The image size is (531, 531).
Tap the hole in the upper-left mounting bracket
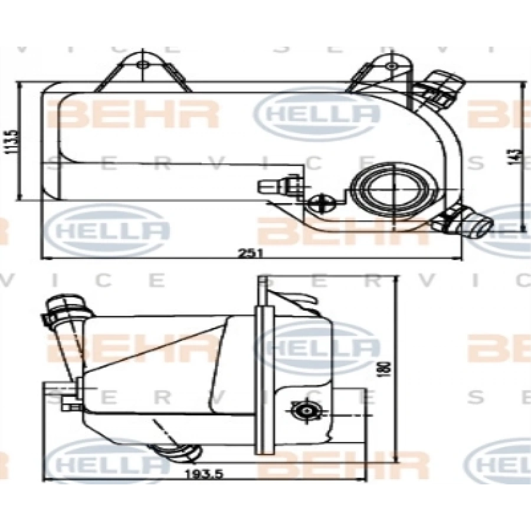point(141,64)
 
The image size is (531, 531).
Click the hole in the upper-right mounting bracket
point(391,65)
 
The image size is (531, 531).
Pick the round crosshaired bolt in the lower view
point(306,409)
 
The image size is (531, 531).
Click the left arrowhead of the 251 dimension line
point(43,258)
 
